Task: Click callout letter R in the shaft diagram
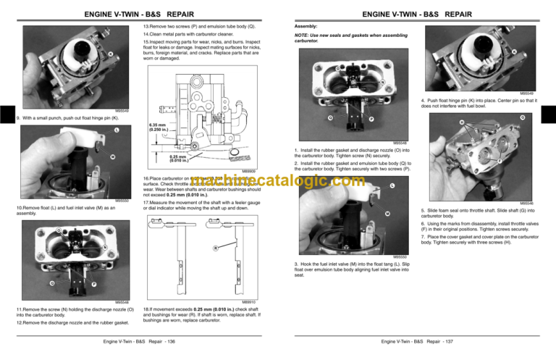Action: (x=215, y=250)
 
